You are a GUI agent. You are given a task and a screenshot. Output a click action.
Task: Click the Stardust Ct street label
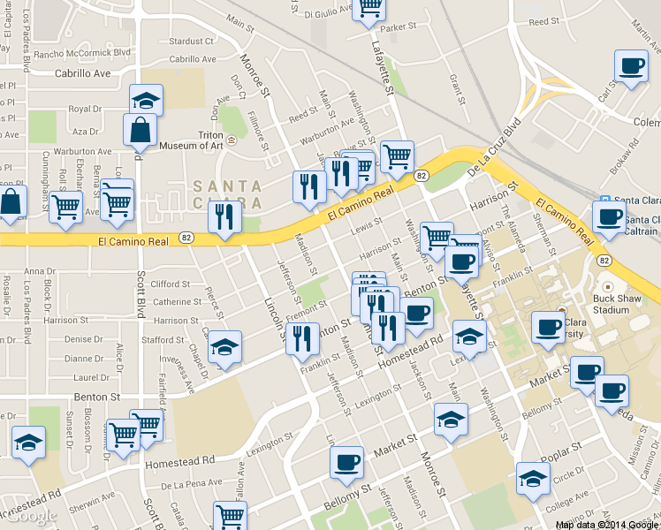pyautogui.click(x=186, y=42)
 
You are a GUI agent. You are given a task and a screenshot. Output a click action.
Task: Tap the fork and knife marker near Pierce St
pyautogui.click(x=224, y=216)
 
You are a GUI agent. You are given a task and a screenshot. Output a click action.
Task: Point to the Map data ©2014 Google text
pyautogui.click(x=605, y=525)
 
